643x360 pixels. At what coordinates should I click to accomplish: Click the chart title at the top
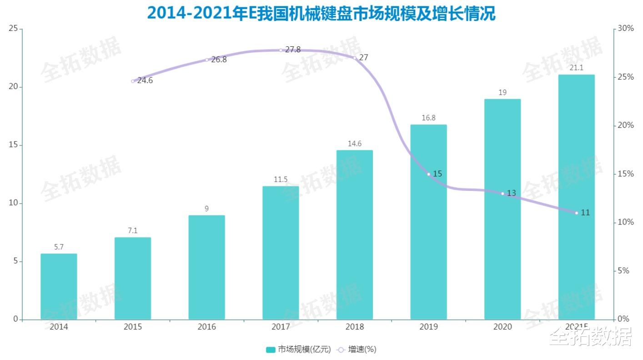click(x=321, y=14)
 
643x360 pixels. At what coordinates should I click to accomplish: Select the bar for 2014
click(x=59, y=286)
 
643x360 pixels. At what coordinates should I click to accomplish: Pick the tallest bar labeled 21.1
click(x=577, y=196)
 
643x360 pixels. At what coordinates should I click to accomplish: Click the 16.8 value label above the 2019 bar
click(x=428, y=118)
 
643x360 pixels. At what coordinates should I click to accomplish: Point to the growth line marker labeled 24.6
click(x=133, y=81)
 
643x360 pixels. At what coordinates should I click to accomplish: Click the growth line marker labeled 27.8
click(x=281, y=50)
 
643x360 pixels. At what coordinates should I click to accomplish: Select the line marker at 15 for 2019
click(x=428, y=174)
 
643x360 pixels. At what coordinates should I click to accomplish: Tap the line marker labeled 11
click(x=577, y=213)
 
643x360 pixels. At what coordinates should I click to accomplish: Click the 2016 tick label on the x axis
click(x=206, y=327)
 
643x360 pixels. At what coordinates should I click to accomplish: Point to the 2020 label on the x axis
click(x=502, y=327)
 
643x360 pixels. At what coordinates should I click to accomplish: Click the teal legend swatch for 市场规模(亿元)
click(x=271, y=350)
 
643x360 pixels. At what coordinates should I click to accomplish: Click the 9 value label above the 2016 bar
click(x=206, y=209)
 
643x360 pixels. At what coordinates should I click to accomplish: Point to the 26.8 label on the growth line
click(x=219, y=60)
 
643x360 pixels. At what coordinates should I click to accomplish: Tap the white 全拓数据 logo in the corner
click(x=590, y=337)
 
